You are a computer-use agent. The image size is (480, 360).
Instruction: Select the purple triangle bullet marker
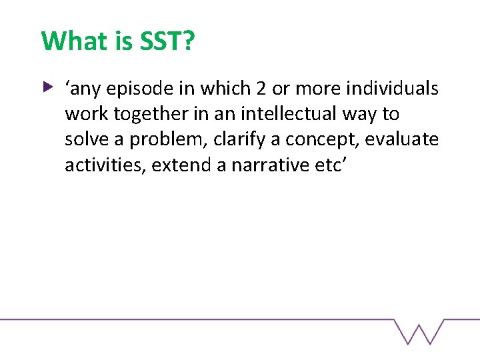tap(47, 86)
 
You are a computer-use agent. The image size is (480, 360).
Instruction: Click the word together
tap(146, 114)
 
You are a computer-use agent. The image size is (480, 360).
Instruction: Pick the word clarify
tap(239, 140)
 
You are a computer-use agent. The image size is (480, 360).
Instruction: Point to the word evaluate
tap(403, 139)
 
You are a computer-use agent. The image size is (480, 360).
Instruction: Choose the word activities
tap(105, 165)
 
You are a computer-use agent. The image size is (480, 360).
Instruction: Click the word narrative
tap(267, 165)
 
